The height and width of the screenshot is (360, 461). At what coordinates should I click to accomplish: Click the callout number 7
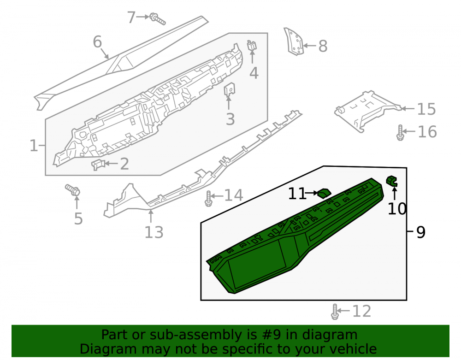coord(131,18)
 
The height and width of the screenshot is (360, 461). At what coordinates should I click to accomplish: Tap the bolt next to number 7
coord(158,19)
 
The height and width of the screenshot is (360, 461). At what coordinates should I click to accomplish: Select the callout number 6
coord(97,42)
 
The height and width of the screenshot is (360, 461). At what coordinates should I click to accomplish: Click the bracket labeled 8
coord(294,41)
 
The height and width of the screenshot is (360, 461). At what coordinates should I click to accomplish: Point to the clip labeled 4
coord(252,46)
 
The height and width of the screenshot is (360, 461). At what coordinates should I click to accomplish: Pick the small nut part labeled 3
coord(230,89)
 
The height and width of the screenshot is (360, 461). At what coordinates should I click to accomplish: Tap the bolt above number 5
coord(73,190)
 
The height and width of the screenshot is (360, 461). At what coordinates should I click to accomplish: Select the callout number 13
coord(154,232)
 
